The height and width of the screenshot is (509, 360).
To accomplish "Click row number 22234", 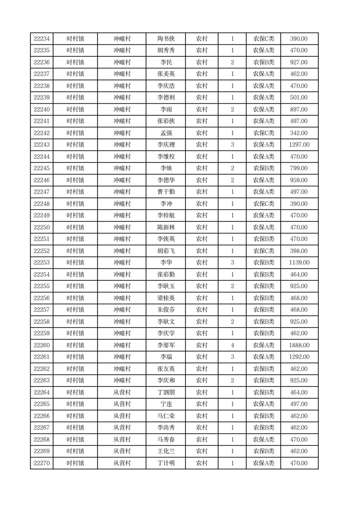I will tap(42, 39).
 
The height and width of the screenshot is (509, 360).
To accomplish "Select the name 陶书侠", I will tap(165, 39).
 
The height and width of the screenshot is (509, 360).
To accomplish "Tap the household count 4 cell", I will tap(233, 345).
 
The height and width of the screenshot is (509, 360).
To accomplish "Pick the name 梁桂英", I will tap(165, 298).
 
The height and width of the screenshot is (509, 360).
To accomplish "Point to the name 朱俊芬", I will tap(165, 310).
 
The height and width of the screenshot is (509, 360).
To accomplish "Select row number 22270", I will tap(42, 463).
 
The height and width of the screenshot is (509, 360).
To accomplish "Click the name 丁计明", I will tap(165, 463).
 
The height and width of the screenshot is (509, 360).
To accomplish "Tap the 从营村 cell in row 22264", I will tap(122, 392).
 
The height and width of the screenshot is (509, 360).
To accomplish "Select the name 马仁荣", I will tap(165, 416).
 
